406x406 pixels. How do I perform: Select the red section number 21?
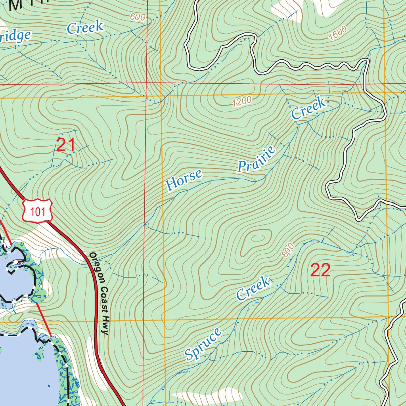pos(66,145)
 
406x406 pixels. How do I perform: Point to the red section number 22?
pos(320,270)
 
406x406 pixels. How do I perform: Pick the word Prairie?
pos(257,159)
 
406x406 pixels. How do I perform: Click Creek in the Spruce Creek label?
pos(253,288)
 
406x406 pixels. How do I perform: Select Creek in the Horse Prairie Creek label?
pos(309,108)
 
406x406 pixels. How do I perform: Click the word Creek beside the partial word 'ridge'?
pos(85,28)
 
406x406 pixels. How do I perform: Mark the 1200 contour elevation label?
pos(242,102)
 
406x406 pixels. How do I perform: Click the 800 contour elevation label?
pos(288,250)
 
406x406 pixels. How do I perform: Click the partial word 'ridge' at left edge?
pos(15,36)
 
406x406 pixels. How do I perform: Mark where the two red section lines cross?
pos(147,84)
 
